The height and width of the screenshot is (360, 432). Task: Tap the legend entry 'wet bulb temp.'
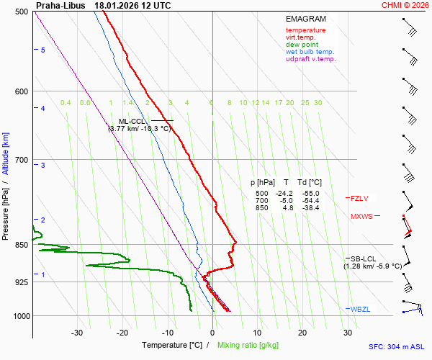pyautogui.click(x=310, y=52)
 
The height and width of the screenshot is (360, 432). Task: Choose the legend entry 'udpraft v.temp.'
pyautogui.click(x=310, y=59)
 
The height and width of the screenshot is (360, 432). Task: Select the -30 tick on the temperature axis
pyautogui.click(x=77, y=333)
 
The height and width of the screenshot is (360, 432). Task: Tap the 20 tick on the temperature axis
pyautogui.click(x=302, y=333)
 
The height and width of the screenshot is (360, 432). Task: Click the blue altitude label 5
pyautogui.click(x=43, y=50)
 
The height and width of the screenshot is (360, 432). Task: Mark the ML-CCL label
pyautogui.click(x=132, y=121)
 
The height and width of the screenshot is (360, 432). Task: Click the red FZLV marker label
pyautogui.click(x=360, y=198)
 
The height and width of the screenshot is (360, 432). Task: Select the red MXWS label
pyautogui.click(x=361, y=216)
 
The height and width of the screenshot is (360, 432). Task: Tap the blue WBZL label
pyautogui.click(x=361, y=310)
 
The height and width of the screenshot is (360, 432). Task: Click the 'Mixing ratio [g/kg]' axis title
pyautogui.click(x=248, y=346)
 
